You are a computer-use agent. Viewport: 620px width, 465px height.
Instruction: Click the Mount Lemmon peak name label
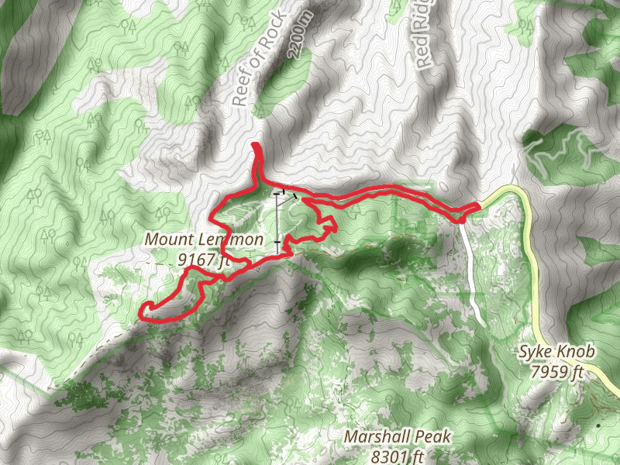tap(204, 240)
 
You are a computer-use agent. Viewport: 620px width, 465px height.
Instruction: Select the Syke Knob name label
tap(556, 353)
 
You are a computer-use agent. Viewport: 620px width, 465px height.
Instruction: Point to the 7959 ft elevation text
tap(556, 372)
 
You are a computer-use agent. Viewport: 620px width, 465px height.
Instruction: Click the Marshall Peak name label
tap(398, 437)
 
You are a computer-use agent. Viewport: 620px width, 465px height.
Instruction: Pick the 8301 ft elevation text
tap(398, 456)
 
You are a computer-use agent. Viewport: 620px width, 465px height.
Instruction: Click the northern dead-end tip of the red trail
tap(255, 146)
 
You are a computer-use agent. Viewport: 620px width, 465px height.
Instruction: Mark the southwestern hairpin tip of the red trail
tap(142, 312)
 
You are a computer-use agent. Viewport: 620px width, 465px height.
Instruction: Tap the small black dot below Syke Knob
tap(599, 425)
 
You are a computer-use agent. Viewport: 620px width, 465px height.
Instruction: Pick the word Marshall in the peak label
tap(375, 437)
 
